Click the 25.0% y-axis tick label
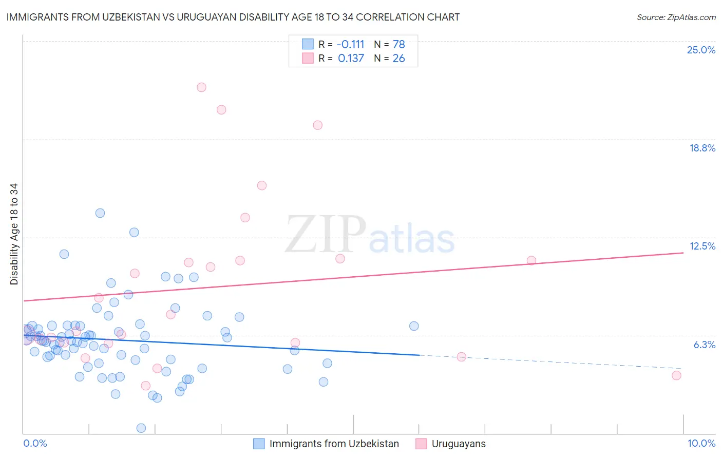tap(701, 50)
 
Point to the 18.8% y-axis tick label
tap(702, 148)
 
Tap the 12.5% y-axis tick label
tap(702, 246)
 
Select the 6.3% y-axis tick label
tap(704, 345)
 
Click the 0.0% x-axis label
tap(35, 443)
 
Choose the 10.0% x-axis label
tap(701, 443)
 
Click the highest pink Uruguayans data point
tap(201, 87)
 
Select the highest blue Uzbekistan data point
tap(100, 213)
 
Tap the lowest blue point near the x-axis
tap(141, 428)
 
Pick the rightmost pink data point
tap(676, 375)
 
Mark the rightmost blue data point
tap(414, 326)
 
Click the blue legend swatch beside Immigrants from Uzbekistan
tap(259, 444)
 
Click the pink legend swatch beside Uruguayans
tap(421, 444)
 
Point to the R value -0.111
tap(350, 45)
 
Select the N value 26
tap(398, 59)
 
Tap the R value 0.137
tap(351, 59)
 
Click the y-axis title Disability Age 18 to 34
tap(14, 234)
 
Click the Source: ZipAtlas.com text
tap(676, 17)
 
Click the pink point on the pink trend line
tap(531, 260)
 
